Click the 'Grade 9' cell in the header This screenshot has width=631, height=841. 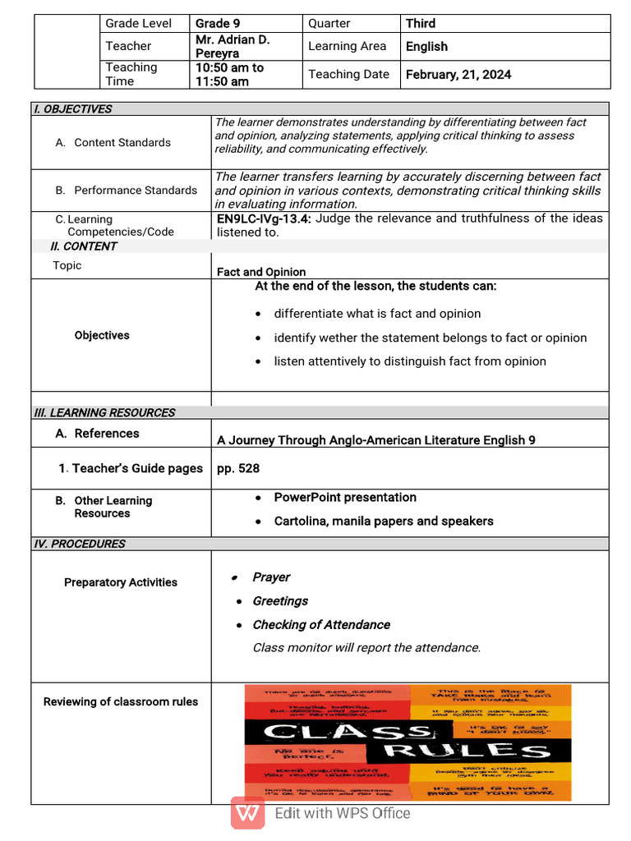[212, 24]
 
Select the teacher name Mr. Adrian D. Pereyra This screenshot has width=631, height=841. [233, 46]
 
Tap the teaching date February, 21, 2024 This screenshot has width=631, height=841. [458, 75]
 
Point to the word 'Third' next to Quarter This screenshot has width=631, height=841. [420, 24]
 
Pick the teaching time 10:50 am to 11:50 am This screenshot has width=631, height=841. [229, 75]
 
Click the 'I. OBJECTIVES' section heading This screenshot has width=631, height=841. [72, 109]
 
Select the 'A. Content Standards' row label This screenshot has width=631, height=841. [113, 143]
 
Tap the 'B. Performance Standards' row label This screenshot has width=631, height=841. [127, 191]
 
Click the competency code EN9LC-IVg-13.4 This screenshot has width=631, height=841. [264, 218]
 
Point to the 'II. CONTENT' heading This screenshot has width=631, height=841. [84, 246]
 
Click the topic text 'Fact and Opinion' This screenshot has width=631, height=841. [261, 272]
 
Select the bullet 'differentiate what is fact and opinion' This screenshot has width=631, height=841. [377, 314]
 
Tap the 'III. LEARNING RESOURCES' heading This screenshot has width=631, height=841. [104, 413]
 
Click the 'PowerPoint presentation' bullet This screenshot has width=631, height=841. [345, 498]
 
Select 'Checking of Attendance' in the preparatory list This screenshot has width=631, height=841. [321, 625]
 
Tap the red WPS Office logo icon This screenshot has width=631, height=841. [247, 813]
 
